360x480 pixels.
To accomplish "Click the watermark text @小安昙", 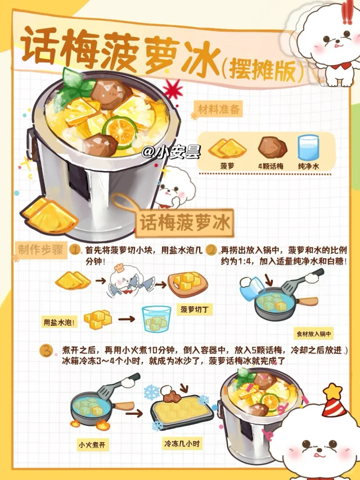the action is pyautogui.click(x=171, y=152).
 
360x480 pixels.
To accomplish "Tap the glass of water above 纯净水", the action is pyautogui.click(x=308, y=148).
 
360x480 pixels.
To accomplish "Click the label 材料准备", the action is pyautogui.click(x=219, y=109).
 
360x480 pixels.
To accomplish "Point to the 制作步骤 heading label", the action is pyautogui.click(x=40, y=250).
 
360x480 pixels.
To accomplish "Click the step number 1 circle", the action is pyautogui.click(x=75, y=249).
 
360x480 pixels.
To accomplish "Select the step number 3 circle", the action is pyautogui.click(x=47, y=351).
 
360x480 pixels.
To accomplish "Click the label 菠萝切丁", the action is pyautogui.click(x=195, y=309).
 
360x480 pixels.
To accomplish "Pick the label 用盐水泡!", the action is pyautogui.click(x=59, y=322).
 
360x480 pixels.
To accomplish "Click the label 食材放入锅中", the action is pyautogui.click(x=313, y=334).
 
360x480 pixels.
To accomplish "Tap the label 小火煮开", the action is pyautogui.click(x=92, y=445).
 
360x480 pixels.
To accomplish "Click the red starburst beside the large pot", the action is pyautogui.click(x=173, y=89).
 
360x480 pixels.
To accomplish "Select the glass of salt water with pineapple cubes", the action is pyautogui.click(x=156, y=319).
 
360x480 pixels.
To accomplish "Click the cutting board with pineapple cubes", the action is pyautogui.click(x=188, y=285).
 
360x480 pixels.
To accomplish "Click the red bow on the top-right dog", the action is pyautogui.click(x=341, y=65).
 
